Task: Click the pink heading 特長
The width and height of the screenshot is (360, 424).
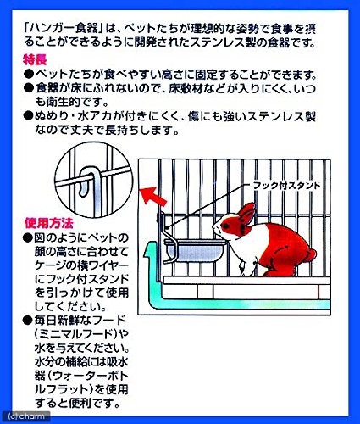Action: coord(35,60)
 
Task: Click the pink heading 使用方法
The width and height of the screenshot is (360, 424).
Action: coord(48,223)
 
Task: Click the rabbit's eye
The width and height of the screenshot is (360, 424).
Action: coord(225,226)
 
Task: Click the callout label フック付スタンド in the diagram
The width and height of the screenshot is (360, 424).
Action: coord(286,186)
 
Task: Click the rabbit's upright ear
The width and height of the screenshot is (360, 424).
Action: coord(247,212)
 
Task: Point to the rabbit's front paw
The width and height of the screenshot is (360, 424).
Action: coord(242,269)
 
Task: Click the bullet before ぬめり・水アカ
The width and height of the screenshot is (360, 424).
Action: coord(28,115)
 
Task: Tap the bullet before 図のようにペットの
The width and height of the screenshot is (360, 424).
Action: coord(28,237)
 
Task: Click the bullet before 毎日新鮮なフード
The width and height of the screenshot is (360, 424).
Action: coord(28,321)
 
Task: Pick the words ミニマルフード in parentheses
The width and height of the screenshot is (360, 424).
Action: coord(76,334)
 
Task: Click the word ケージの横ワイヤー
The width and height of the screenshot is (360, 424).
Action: coord(81,265)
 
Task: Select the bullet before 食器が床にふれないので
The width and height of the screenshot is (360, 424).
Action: coord(28,88)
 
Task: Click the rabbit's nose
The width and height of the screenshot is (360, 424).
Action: coord(214,227)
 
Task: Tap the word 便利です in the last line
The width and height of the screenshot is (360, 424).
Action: coord(94,403)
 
